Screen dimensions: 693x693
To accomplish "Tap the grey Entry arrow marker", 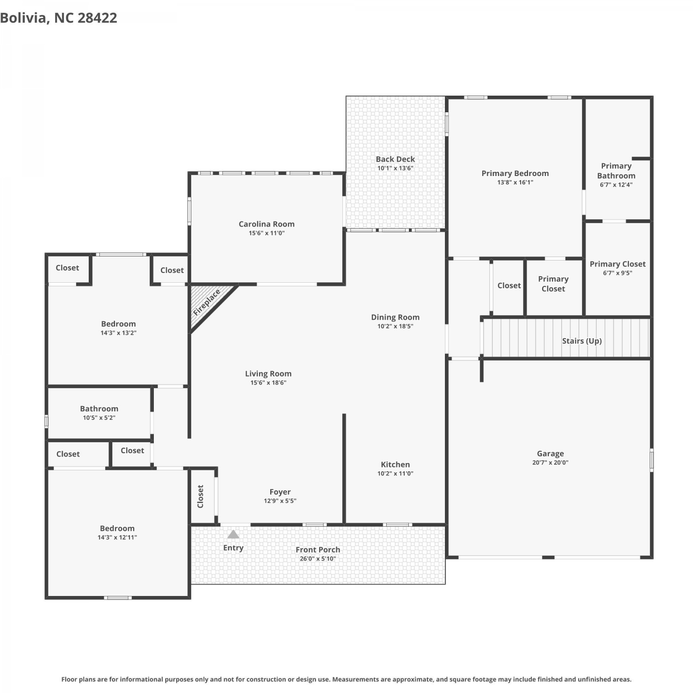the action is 233,534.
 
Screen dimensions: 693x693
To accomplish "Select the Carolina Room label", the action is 267,224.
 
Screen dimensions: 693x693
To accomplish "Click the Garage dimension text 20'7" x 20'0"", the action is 550,462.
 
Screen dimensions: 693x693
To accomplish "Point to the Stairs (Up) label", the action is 582,341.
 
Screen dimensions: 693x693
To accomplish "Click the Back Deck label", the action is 395,159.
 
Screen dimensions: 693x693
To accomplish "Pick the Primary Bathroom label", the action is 616,171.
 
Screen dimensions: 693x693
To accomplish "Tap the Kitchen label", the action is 395,465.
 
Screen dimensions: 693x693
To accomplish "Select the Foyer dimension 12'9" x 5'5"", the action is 280,501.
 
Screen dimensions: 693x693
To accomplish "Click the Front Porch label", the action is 318,550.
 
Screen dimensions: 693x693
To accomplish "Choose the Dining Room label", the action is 395,317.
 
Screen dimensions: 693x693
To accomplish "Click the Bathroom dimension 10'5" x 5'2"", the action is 99,418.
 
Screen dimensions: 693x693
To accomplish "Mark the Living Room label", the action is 268,374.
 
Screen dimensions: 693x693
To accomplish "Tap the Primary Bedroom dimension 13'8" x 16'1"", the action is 515,182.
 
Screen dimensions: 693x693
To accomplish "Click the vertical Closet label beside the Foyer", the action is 201,496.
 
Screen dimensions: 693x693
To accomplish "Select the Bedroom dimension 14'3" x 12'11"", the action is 117,537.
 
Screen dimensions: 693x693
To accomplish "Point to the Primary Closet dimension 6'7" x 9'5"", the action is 618,273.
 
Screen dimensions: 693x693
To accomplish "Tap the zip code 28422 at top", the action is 97,18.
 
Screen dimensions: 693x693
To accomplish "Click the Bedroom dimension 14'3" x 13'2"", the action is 118,333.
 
